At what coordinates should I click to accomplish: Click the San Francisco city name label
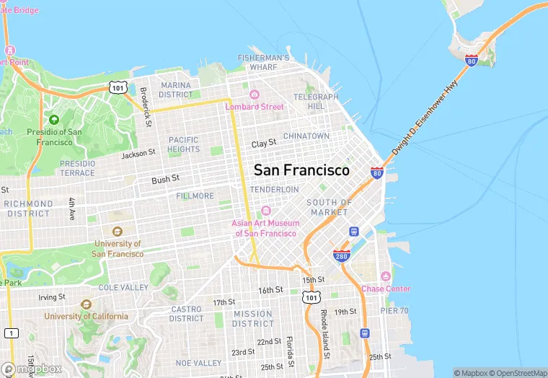(x=301, y=170)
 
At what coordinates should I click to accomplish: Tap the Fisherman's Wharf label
(x=264, y=63)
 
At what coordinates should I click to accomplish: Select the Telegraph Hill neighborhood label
(x=316, y=102)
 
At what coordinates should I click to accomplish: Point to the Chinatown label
(x=306, y=136)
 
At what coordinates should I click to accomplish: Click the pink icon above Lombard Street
(x=254, y=94)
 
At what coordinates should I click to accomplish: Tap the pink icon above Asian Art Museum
(x=265, y=211)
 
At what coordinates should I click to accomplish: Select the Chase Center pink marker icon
(x=386, y=277)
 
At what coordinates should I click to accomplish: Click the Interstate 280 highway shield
(x=342, y=255)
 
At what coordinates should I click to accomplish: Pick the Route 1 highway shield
(x=11, y=333)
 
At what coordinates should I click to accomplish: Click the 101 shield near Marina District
(x=119, y=87)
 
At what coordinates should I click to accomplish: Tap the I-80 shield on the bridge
(x=472, y=60)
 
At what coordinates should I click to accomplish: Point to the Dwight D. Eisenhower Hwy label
(x=425, y=120)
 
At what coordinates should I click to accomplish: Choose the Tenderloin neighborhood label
(x=274, y=189)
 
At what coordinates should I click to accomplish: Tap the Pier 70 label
(x=394, y=311)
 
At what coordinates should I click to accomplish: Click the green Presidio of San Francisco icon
(x=54, y=119)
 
